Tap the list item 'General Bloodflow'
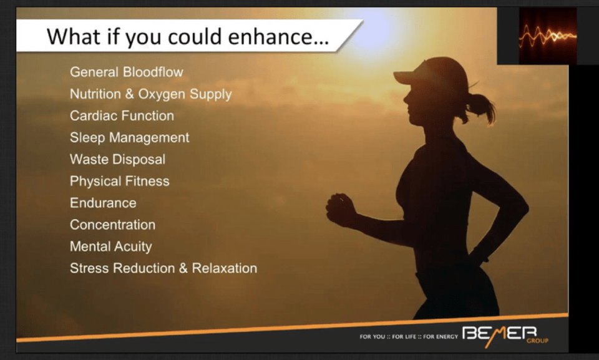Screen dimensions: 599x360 127,72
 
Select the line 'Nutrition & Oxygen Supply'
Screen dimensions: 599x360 150,94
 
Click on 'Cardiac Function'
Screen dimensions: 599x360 122,115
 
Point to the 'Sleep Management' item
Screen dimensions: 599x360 130,138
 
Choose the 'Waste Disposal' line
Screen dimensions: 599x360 118,159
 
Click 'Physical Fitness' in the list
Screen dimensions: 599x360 120,181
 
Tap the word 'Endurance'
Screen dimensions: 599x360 103,203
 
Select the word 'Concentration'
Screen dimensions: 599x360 113,225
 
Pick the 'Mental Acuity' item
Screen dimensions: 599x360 111,246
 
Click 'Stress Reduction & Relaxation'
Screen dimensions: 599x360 163,268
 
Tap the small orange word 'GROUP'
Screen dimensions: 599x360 537,341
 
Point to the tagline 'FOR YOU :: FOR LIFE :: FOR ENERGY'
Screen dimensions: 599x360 408,337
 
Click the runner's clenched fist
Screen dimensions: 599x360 340,209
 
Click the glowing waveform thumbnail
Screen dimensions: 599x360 547,36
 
